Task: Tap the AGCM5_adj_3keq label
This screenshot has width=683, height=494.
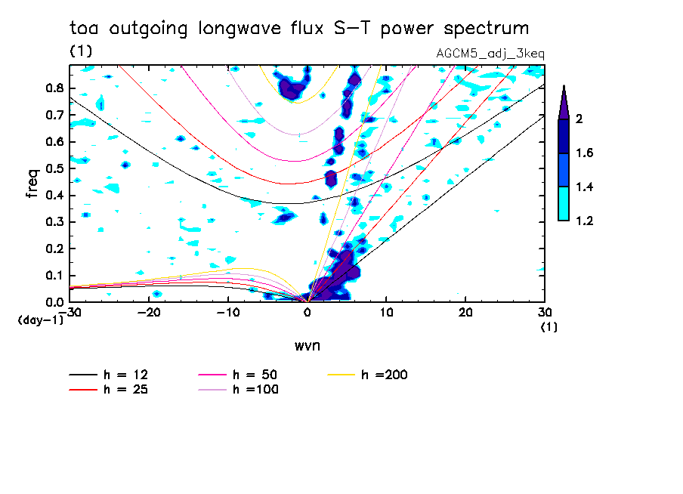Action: (x=490, y=54)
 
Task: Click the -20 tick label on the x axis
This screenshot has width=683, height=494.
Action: (x=149, y=313)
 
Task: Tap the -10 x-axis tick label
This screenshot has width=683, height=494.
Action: (x=227, y=313)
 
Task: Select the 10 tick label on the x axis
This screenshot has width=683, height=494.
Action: (x=386, y=313)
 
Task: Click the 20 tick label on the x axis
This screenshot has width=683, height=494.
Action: (x=465, y=313)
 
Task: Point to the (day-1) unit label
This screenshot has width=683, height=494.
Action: (x=40, y=320)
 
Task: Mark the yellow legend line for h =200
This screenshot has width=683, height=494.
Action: (x=343, y=375)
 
